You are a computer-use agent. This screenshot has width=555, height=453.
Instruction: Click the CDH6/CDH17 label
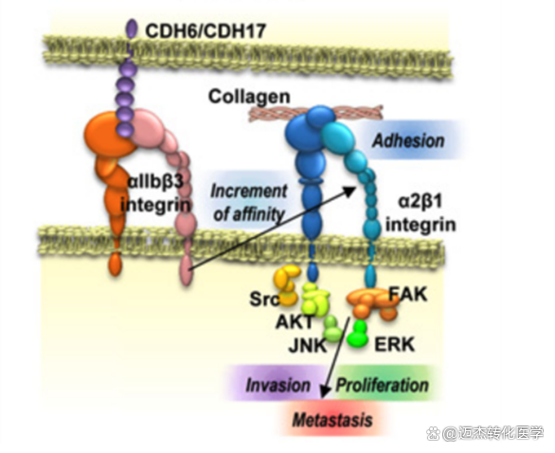pyautogui.click(x=206, y=31)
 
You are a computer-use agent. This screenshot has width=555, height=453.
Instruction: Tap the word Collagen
pyautogui.click(x=249, y=97)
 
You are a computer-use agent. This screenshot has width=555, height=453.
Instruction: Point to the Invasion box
pyautogui.click(x=277, y=385)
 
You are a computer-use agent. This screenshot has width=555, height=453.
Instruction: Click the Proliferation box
pyautogui.click(x=383, y=385)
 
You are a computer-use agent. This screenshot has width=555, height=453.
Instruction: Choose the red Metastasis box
pyautogui.click(x=332, y=420)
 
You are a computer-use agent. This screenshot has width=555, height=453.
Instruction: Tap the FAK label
pyautogui.click(x=408, y=295)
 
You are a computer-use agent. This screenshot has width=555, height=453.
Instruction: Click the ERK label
pyautogui.click(x=394, y=344)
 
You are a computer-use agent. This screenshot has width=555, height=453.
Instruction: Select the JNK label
pyautogui.click(x=308, y=345)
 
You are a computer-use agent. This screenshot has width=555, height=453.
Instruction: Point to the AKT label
pyautogui.click(x=295, y=322)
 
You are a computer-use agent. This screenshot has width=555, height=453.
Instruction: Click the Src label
pyautogui.click(x=264, y=299)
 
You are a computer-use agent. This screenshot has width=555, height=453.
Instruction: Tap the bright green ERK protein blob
pyautogui.click(x=358, y=334)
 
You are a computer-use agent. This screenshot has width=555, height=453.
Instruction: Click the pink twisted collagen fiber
pyautogui.click(x=316, y=114)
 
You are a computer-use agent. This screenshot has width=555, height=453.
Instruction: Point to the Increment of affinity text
pyautogui.click(x=249, y=203)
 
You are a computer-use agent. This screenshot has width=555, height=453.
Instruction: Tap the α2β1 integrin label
pyautogui.click(x=421, y=213)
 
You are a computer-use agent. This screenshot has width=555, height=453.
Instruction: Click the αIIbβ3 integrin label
pyautogui.click(x=155, y=193)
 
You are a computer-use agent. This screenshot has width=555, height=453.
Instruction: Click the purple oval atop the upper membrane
pyautogui.click(x=132, y=28)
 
